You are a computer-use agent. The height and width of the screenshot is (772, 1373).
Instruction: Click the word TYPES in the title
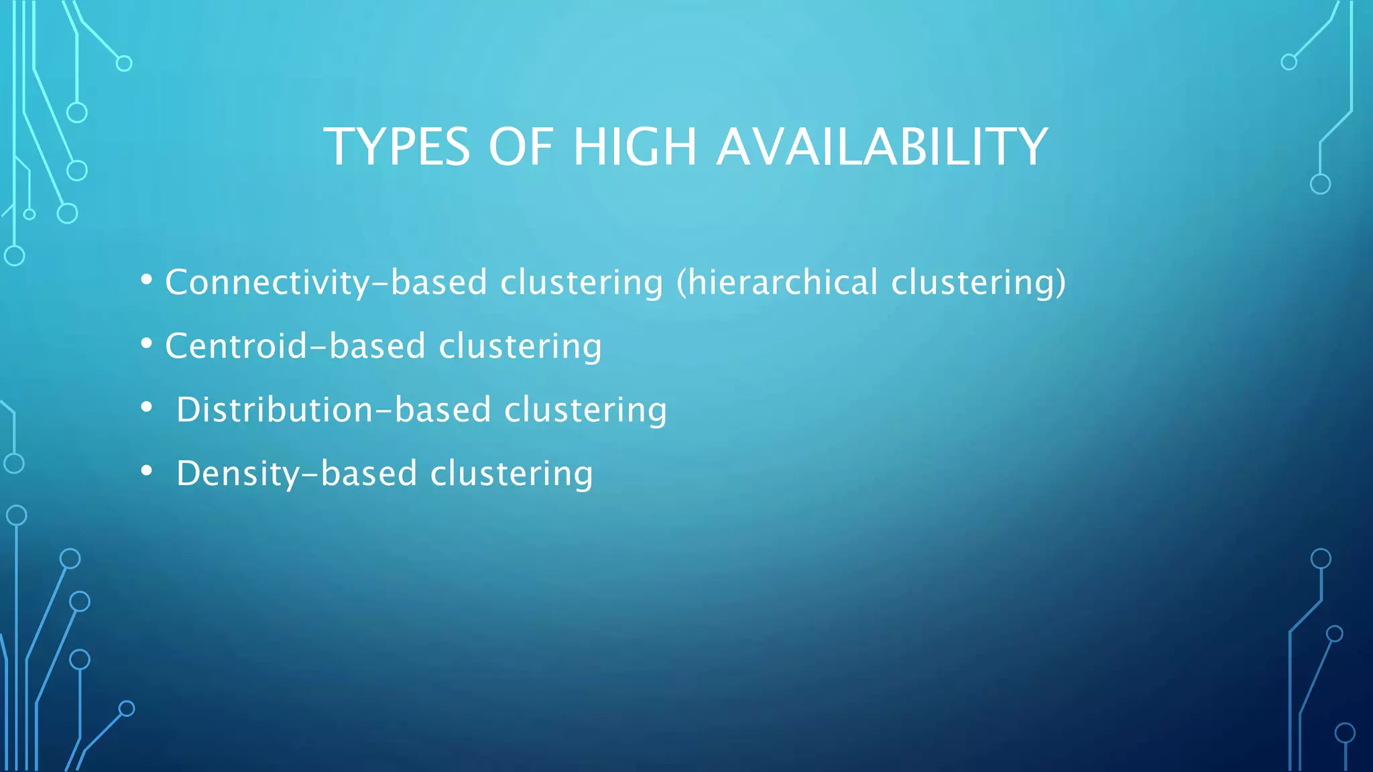pyautogui.click(x=397, y=147)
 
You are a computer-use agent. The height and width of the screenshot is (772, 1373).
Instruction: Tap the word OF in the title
pyautogui.click(x=521, y=147)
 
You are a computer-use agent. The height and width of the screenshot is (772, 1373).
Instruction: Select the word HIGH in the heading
pyautogui.click(x=635, y=147)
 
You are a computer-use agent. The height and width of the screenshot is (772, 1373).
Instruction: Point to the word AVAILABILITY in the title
pyautogui.click(x=882, y=147)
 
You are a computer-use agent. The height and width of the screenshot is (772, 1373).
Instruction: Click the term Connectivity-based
pyautogui.click(x=326, y=282)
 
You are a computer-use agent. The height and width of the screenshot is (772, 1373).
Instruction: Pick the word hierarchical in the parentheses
pyautogui.click(x=783, y=282)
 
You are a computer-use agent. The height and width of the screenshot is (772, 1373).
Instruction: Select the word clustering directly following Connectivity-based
pyautogui.click(x=581, y=282)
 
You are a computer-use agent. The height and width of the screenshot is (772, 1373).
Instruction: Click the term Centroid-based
pyautogui.click(x=295, y=346)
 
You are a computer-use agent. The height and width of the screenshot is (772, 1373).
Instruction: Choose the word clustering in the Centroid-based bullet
pyautogui.click(x=520, y=346)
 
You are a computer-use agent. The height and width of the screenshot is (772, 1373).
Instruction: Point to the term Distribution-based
pyautogui.click(x=333, y=409)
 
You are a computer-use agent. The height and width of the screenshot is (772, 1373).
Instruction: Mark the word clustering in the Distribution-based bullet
pyautogui.click(x=585, y=409)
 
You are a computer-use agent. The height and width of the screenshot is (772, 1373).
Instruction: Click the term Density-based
pyautogui.click(x=296, y=473)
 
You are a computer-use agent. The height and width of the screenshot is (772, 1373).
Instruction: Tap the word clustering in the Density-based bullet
pyautogui.click(x=512, y=473)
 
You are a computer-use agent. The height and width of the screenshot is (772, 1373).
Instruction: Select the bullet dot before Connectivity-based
pyautogui.click(x=147, y=279)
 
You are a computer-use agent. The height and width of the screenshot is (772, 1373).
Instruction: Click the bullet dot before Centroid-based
pyautogui.click(x=147, y=343)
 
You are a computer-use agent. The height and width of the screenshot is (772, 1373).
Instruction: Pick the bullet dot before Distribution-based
pyautogui.click(x=147, y=407)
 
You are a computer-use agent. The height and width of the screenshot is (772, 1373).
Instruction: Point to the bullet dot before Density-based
pyautogui.click(x=147, y=470)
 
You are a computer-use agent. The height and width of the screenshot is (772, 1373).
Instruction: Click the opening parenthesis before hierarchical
pyautogui.click(x=681, y=282)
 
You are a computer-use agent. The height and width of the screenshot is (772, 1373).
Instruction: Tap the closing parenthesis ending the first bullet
pyautogui.click(x=1061, y=282)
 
